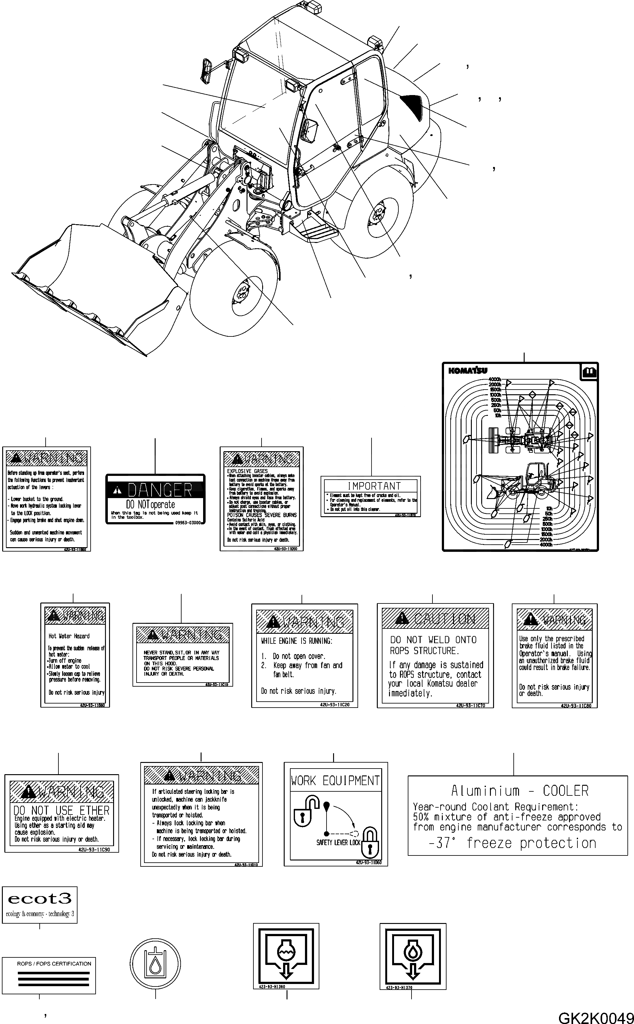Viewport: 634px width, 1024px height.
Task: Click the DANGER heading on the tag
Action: [x=159, y=490]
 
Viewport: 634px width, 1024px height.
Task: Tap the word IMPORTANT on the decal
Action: [x=374, y=486]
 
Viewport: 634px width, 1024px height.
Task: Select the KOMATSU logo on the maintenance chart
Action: [x=468, y=371]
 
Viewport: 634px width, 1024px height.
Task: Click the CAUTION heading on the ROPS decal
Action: [x=444, y=619]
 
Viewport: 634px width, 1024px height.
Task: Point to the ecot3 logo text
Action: [x=39, y=899]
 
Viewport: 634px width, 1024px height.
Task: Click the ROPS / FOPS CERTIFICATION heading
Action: [x=54, y=964]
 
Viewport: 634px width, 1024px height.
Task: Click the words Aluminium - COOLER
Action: [x=520, y=791]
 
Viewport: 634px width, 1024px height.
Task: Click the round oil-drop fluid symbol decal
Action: [x=155, y=963]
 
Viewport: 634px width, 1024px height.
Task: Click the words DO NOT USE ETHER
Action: [x=61, y=810]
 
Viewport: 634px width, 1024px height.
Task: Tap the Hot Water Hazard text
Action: [x=69, y=636]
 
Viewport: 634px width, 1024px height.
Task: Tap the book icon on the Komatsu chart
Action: [x=589, y=371]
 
